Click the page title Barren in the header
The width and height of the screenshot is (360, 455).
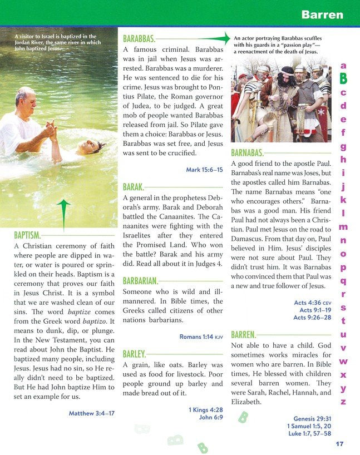pos(322,14)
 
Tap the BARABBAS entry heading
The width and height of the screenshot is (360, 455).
pos(139,39)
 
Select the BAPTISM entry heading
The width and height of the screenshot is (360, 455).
pos(27,235)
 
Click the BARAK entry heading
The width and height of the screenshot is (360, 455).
pos(133,187)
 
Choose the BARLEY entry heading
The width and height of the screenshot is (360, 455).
pos(134,354)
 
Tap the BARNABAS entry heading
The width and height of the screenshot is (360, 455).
pos(247,152)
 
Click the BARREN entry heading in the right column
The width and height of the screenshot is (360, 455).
pos(243,335)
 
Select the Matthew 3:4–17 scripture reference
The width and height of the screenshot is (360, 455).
pos(91,413)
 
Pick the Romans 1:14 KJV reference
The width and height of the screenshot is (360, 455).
pos(201,337)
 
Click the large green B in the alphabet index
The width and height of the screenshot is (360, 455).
pos(343,78)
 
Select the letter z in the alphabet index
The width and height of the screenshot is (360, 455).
pos(343,401)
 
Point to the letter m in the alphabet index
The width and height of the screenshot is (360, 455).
pos(343,226)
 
